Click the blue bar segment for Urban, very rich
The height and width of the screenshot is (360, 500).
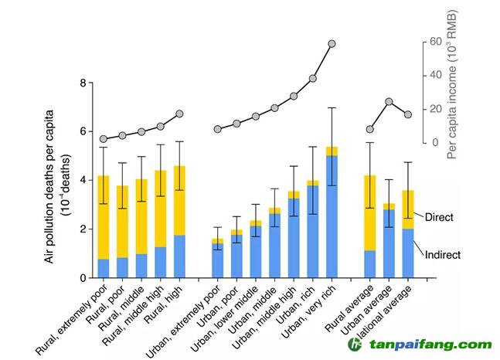click(332, 216)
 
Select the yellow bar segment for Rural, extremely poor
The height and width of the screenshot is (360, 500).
click(103, 216)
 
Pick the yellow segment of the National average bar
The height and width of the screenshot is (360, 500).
click(408, 209)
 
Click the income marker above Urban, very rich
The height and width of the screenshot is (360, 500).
click(332, 44)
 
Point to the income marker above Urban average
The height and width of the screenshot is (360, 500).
click(389, 101)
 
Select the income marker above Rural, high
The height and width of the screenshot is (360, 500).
click(179, 114)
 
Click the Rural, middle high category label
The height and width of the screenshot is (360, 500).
click(139, 313)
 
